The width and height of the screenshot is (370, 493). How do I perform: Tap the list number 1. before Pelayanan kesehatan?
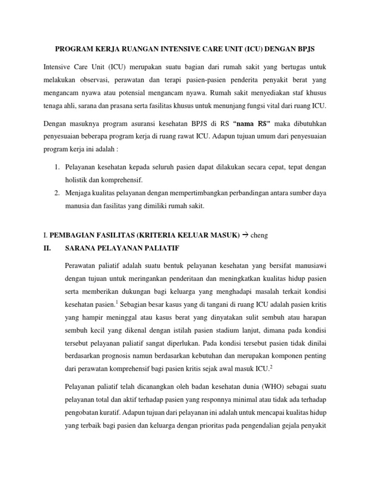56,167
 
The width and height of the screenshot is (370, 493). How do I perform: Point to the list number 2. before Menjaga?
56,193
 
